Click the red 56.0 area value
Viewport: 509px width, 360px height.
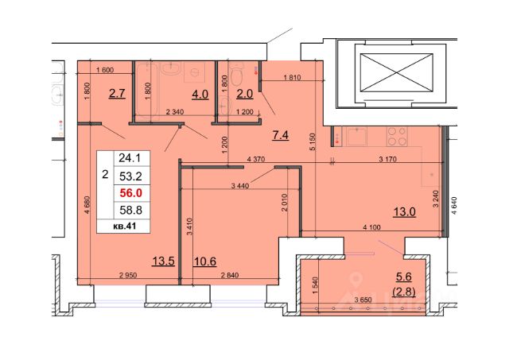(130, 193)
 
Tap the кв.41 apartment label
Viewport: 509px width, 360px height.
(124, 226)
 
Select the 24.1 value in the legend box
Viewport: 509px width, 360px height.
(130, 158)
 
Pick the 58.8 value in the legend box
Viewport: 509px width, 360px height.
(130, 210)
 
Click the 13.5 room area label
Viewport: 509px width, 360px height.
(164, 261)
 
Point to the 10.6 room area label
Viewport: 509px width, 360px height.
(205, 261)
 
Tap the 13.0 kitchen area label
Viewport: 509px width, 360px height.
(405, 212)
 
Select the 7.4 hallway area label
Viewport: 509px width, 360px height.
(281, 135)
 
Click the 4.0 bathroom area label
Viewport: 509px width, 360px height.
(200, 94)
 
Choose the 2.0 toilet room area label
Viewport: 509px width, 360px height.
(244, 94)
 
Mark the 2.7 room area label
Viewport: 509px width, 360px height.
(117, 94)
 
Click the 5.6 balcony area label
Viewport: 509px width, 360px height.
(404, 277)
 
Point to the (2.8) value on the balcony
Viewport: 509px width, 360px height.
(404, 292)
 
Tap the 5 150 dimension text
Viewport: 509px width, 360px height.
(313, 142)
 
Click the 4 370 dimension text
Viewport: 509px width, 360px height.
(256, 159)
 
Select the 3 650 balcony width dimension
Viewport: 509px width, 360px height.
(363, 300)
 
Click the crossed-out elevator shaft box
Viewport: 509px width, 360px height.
(396, 72)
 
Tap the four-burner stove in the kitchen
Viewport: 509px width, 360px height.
(397, 136)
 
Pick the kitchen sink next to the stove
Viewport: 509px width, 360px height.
(357, 136)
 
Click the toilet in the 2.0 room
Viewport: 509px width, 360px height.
(237, 73)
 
